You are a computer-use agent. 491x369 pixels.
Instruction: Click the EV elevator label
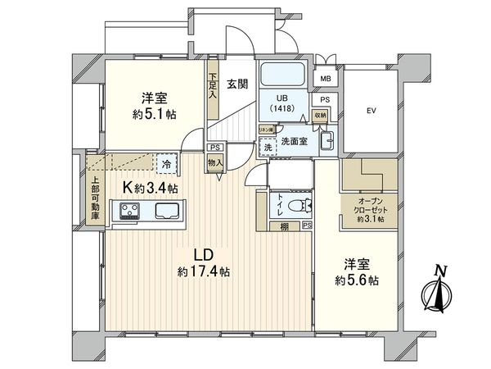(x=371, y=109)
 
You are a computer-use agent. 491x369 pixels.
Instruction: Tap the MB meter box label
(x=325, y=79)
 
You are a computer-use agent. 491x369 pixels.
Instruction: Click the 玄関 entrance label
(x=238, y=82)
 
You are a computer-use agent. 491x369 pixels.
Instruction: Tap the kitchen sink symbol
(x=166, y=213)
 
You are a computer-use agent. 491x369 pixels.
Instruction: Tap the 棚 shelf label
(x=282, y=225)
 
